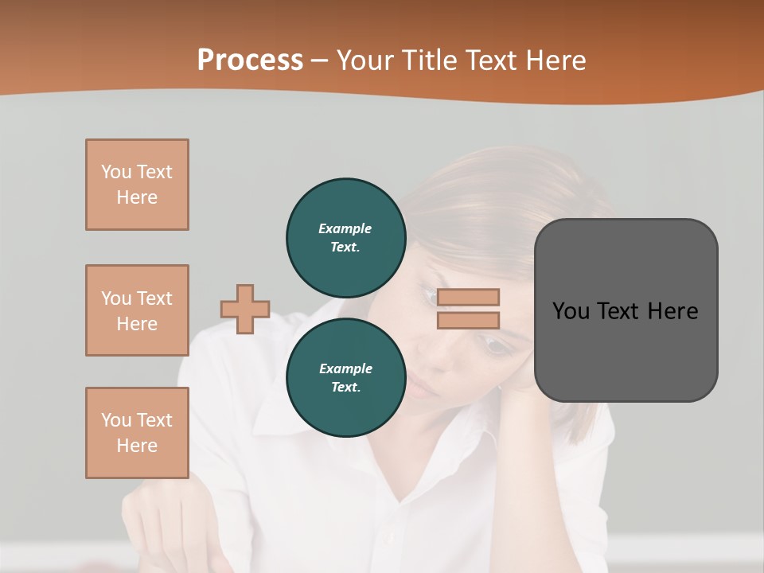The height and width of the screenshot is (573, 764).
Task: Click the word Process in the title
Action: point(250,60)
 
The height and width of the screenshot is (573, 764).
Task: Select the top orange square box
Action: point(137,185)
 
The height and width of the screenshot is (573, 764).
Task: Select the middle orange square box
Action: point(137,310)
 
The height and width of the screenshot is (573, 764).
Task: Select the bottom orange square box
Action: point(137,433)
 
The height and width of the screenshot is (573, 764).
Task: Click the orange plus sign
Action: point(245,309)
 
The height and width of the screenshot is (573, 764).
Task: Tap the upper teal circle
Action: point(345,238)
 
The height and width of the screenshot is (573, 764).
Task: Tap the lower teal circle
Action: point(345,378)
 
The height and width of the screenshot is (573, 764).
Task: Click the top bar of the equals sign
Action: point(469,298)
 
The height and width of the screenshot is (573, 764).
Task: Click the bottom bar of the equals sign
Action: point(469,321)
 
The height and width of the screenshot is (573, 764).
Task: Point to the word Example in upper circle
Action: point(345,228)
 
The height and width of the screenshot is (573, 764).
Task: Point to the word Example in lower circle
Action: point(345,368)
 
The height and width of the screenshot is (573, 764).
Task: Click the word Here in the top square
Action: point(137,197)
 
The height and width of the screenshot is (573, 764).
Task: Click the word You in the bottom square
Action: point(116,420)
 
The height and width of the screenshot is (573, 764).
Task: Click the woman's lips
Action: point(420,388)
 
